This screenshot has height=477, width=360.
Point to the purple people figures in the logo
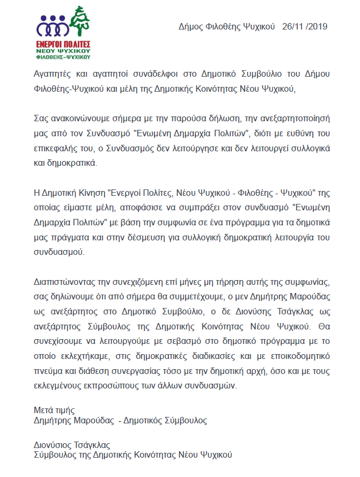pos(53,25)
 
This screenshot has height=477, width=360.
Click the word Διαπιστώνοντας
pos(66,282)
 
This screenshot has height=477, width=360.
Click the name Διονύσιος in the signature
pos(53,445)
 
